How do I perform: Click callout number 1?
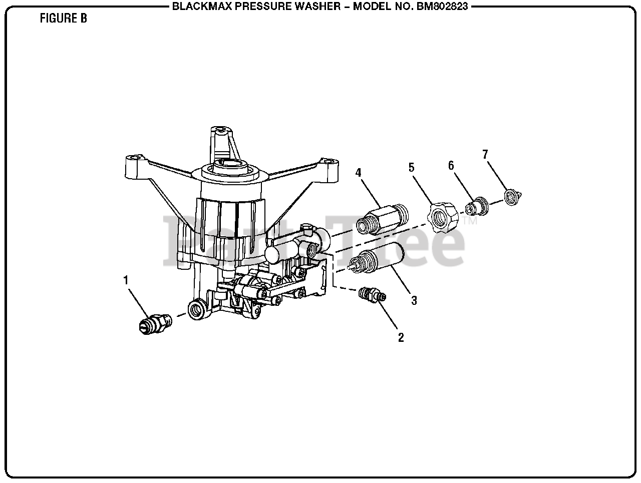coord(126,280)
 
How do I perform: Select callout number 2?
coord(401,337)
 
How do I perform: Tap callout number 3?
coord(414,300)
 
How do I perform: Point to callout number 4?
coord(358,173)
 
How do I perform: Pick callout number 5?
coord(412,167)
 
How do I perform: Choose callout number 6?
coord(451,165)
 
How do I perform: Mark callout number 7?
coord(485,154)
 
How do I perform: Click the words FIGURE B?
coord(63,19)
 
